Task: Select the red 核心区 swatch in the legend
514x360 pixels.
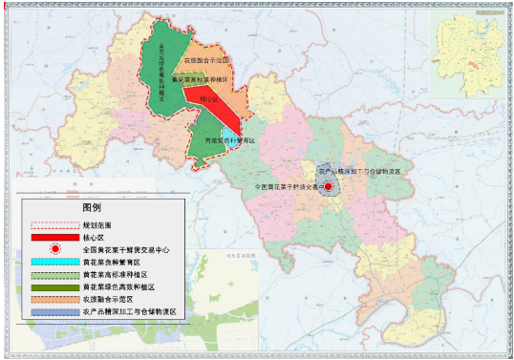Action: click(54, 236)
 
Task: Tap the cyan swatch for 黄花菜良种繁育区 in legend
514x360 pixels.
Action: click(54, 261)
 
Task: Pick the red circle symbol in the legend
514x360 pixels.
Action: click(54, 248)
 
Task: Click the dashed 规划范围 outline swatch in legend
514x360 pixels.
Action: click(54, 224)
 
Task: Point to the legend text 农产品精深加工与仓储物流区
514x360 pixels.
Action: click(131, 311)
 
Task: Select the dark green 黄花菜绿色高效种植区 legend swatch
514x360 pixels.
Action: click(54, 286)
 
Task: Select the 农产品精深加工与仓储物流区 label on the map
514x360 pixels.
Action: click(365, 168)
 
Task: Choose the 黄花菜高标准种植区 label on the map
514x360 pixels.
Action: click(199, 80)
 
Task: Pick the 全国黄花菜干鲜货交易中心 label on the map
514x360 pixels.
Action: click(287, 187)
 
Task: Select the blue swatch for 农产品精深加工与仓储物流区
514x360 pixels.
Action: click(54, 311)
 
